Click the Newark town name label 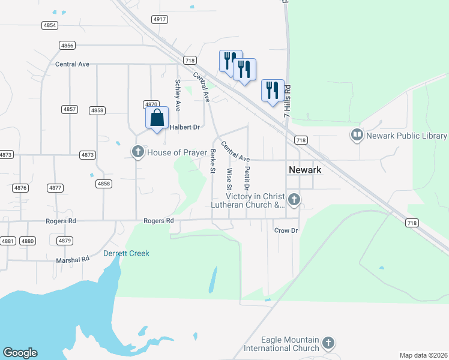(305, 170)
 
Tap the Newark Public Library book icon (357, 135)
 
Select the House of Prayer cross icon (138, 152)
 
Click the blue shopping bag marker (157, 118)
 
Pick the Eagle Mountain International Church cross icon (328, 343)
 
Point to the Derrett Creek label (127, 253)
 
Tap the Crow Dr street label (286, 230)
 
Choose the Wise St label (229, 179)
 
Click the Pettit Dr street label (247, 179)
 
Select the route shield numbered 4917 (160, 19)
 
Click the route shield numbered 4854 (50, 25)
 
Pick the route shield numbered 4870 (151, 104)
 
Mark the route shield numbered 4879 (65, 241)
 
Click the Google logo (20, 353)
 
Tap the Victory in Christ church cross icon (294, 199)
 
